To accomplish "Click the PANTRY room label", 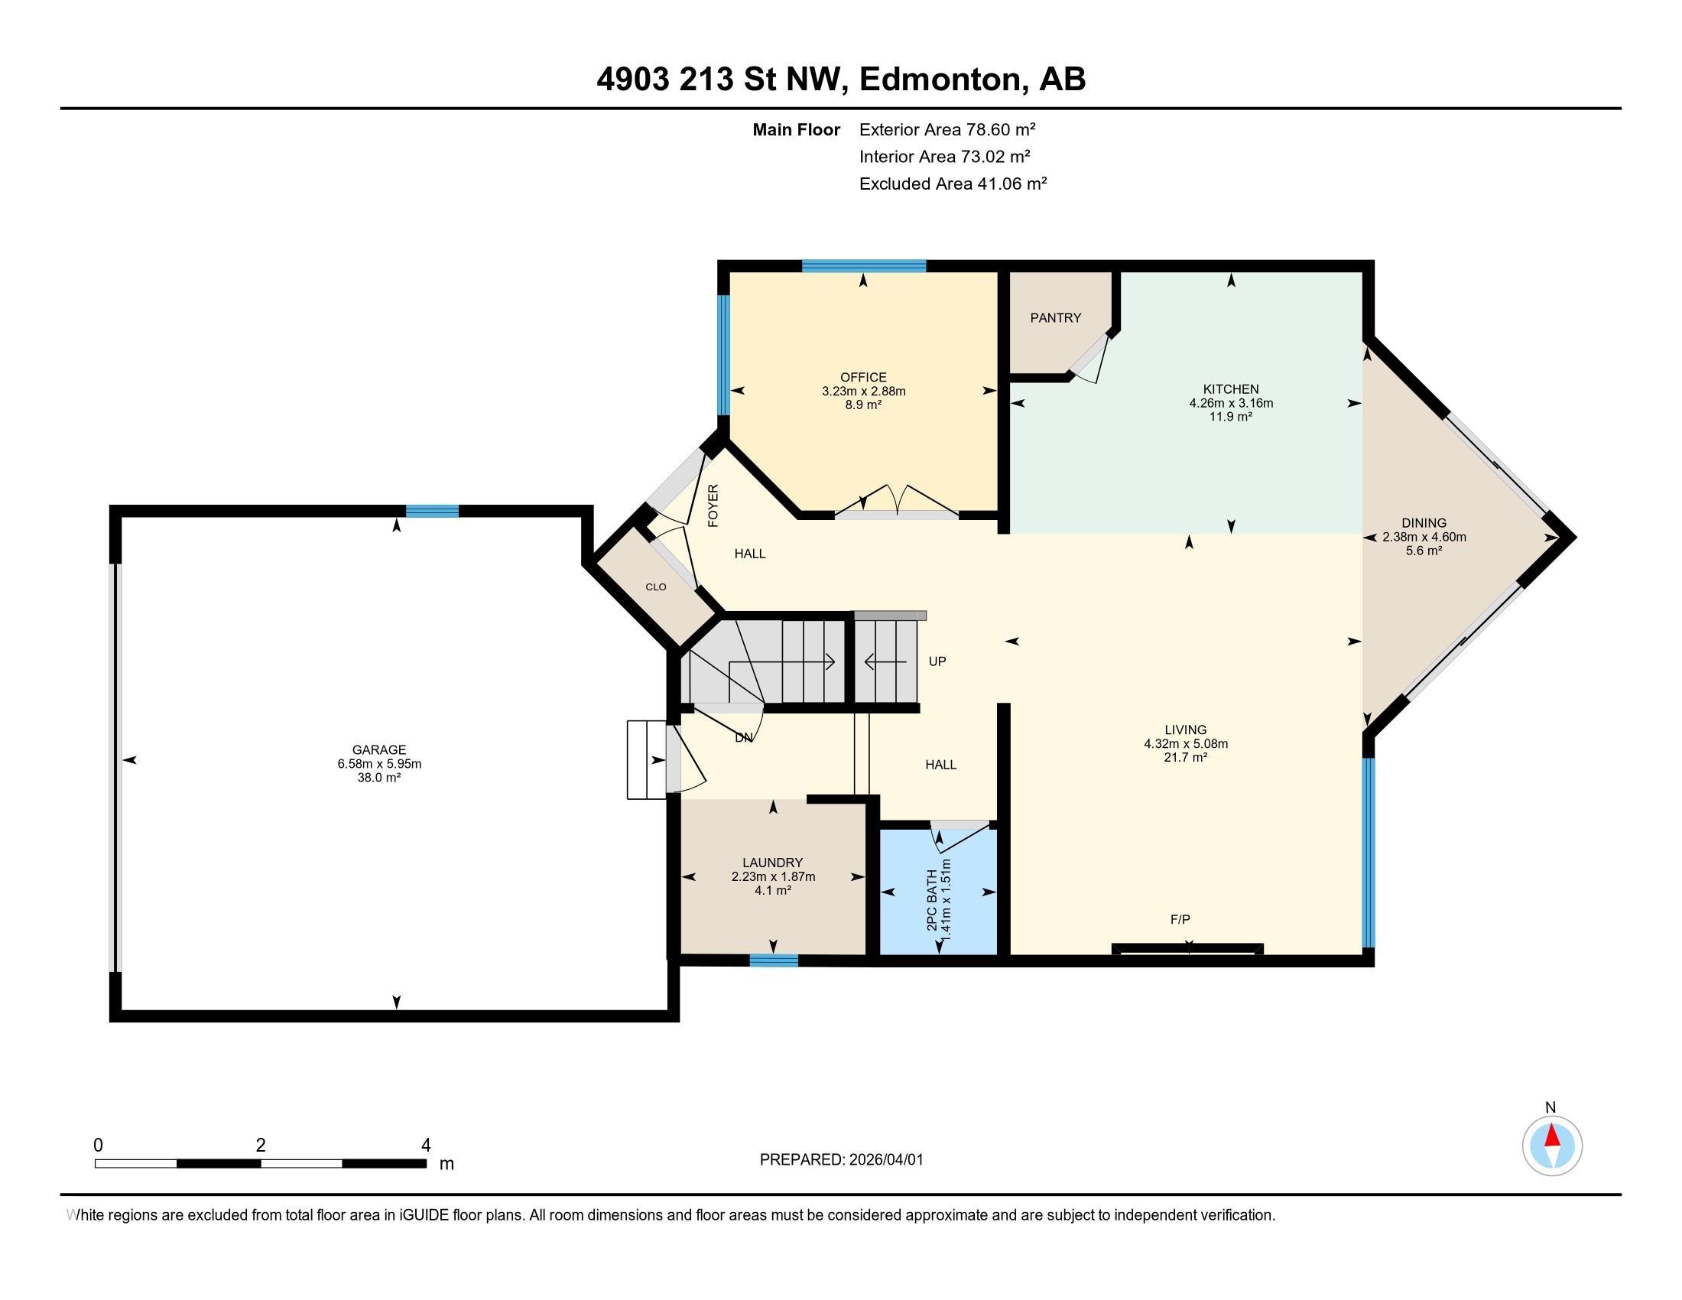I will [1055, 318].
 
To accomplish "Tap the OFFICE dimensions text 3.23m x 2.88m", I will [863, 392].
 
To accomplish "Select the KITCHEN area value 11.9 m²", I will [1231, 417].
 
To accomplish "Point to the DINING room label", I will [1424, 523].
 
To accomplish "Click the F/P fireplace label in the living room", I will [1180, 918].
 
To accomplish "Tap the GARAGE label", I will [379, 749].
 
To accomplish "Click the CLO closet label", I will [655, 587].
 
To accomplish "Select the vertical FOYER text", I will [713, 505].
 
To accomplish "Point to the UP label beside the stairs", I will [937, 661].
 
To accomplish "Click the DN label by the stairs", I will [743, 738].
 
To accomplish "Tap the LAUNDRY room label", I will [772, 863].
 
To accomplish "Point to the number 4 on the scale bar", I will [425, 1146].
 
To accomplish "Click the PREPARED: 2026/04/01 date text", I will [841, 1160].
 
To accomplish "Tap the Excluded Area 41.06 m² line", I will [953, 184].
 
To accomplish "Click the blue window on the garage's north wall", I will [432, 512].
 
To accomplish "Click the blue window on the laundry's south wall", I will [773, 960].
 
